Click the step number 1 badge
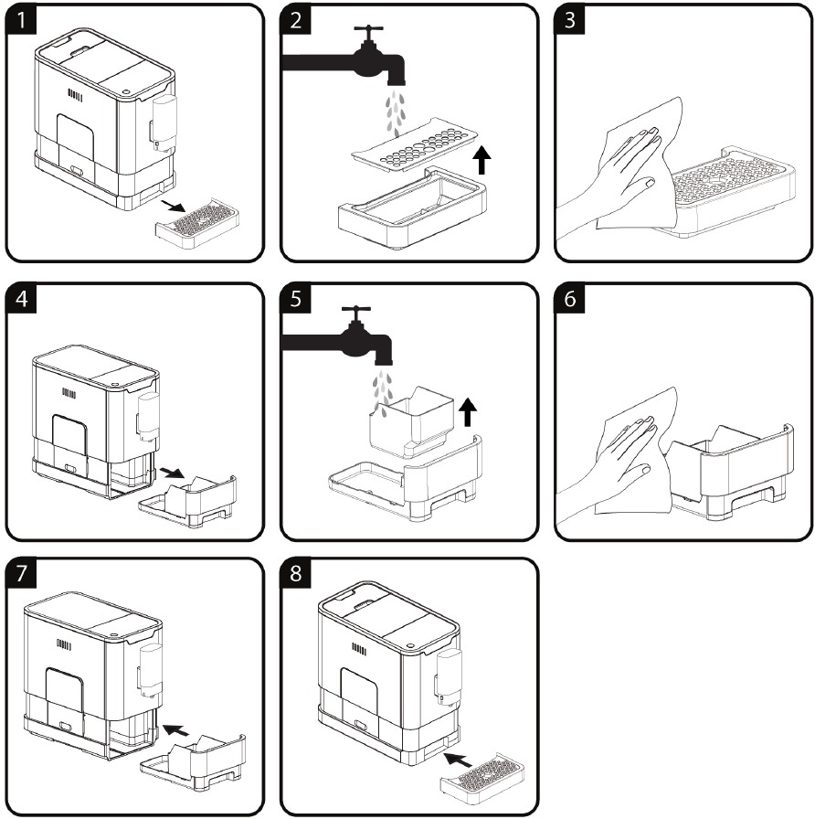20,21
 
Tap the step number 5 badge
296,300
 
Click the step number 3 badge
571,21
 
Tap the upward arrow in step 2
483,162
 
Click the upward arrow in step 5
467,411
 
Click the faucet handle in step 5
356,311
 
